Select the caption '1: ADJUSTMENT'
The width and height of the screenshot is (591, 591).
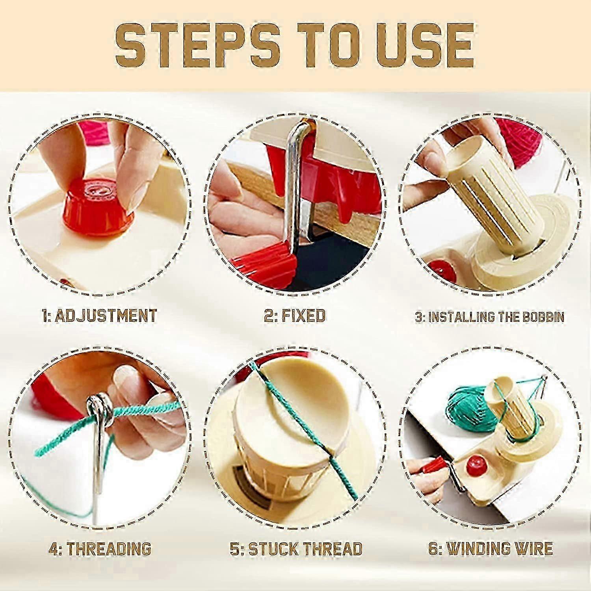(99, 316)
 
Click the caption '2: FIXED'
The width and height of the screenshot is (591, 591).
(295, 316)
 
